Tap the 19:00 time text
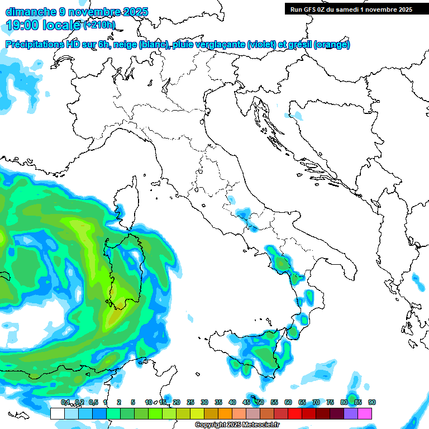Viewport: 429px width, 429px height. (23, 25)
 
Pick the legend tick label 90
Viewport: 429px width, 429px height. (372, 402)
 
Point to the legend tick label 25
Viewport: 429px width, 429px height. (190, 402)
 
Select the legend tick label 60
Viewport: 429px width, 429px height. (288, 402)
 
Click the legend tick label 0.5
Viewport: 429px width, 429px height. (93, 402)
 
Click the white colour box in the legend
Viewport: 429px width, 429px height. (57, 413)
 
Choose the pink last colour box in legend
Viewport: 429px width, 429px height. (365, 413)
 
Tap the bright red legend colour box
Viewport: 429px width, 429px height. (295, 413)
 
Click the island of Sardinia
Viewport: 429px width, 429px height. (126, 274)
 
